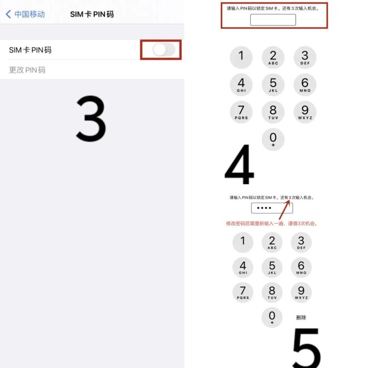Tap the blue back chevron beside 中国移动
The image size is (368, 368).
click(8, 14)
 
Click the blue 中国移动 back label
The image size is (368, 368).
click(29, 14)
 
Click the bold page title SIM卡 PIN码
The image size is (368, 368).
click(92, 14)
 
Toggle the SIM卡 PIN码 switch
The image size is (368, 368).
click(164, 50)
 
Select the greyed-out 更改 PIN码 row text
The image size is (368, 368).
click(27, 70)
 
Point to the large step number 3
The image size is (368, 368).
click(91, 119)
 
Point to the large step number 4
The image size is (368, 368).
click(239, 164)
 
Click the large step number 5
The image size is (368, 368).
click(307, 348)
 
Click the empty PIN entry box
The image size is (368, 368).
click(273, 20)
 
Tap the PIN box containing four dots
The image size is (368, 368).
click(272, 208)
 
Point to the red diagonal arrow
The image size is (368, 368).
click(284, 210)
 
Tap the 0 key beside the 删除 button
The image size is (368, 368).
click(272, 317)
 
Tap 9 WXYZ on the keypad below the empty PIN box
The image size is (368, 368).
click(305, 112)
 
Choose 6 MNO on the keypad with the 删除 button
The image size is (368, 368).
click(301, 267)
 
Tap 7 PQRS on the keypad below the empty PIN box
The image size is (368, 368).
click(241, 112)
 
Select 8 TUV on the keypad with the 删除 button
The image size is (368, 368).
click(272, 292)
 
